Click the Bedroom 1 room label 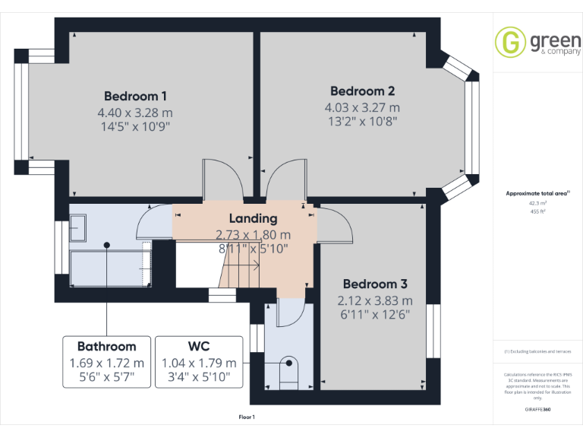(135, 97)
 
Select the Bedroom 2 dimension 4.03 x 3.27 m (362, 107)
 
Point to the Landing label (253, 219)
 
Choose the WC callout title (200, 347)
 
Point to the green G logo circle (510, 42)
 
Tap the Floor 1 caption (247, 417)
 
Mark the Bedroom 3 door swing (335, 224)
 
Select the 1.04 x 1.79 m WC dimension (200, 363)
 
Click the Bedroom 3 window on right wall (433, 331)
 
